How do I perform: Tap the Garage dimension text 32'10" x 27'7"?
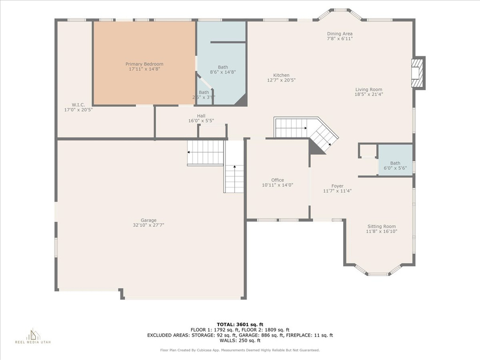point(149,225)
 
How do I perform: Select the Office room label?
point(277,180)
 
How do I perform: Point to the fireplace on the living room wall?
point(417,73)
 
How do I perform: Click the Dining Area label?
point(340,34)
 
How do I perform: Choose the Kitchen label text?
point(281,75)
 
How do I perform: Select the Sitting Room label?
point(381,226)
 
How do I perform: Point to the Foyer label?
point(337,186)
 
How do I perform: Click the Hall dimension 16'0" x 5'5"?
point(201,121)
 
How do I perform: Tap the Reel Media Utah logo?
point(33,336)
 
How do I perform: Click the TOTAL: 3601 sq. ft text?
point(240,324)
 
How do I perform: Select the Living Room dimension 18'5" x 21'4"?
point(368,94)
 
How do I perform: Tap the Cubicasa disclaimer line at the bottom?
point(240,350)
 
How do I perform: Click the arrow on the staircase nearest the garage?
point(189,152)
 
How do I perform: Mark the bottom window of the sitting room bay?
point(378,274)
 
